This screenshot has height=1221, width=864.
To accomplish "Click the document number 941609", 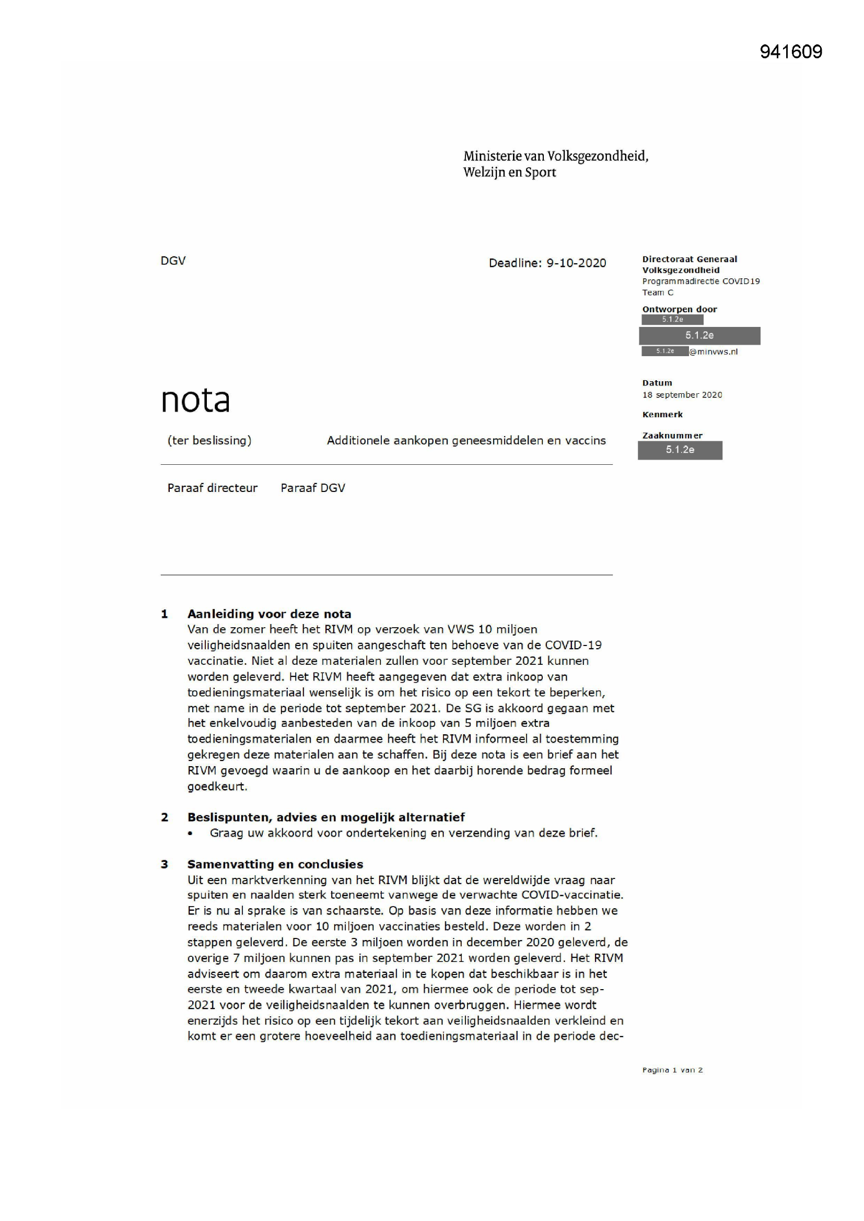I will (x=790, y=52).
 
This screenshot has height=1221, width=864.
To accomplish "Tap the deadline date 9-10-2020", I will (x=576, y=263).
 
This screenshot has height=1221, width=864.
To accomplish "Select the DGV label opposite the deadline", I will (x=173, y=261).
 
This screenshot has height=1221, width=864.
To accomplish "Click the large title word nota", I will (x=195, y=400).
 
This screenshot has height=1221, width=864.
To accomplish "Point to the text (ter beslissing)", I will (x=209, y=440).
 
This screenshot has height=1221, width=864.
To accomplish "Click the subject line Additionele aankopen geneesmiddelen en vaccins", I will (x=466, y=440).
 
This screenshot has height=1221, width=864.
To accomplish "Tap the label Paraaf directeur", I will (x=212, y=488).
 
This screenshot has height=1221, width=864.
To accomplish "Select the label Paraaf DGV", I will (x=313, y=488).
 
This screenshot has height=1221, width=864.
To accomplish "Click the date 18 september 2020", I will (x=682, y=395).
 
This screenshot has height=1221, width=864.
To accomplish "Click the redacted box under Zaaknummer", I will (x=680, y=450).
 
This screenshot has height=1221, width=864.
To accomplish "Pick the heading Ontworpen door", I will (x=680, y=309).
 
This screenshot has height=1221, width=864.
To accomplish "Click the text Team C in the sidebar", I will (x=658, y=292).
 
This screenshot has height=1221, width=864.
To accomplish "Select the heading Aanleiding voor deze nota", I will (x=269, y=614).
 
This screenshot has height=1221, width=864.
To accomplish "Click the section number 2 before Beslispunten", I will (x=165, y=817).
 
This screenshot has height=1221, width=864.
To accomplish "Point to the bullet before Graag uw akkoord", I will (x=190, y=833).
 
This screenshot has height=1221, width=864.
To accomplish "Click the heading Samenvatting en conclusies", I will (x=275, y=864).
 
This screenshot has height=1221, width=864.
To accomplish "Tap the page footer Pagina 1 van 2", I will (x=672, y=1070).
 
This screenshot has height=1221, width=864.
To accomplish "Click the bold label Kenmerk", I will (x=662, y=414).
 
